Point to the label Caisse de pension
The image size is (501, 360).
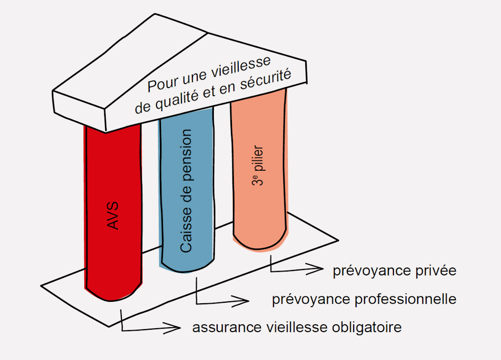coord(186,191)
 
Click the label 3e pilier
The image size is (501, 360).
coord(258,166)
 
